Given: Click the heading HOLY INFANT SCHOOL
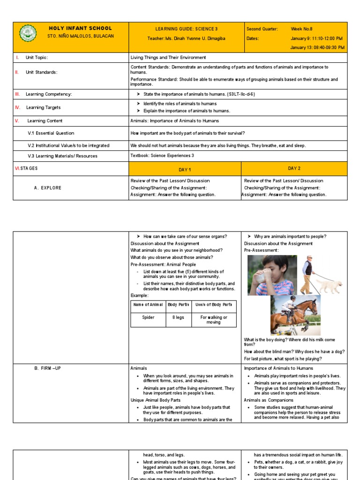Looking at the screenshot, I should tap(80, 28).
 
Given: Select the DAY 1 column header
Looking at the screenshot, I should tap(185, 169).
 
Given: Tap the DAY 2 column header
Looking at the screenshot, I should tap(294, 168).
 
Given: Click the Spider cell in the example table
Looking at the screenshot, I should tap(148, 317).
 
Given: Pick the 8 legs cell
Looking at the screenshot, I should tap(178, 317).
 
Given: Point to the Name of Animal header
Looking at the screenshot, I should tap(148, 305).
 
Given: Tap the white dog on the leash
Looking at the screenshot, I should tap(330, 285).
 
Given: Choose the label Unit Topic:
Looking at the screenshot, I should tap(37, 57).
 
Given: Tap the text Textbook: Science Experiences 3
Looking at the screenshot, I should tap(162, 156).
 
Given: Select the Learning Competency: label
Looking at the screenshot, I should tap(49, 94).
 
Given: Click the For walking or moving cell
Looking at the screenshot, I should tap(214, 320).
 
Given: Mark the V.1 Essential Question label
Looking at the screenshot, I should tap(51, 133).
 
